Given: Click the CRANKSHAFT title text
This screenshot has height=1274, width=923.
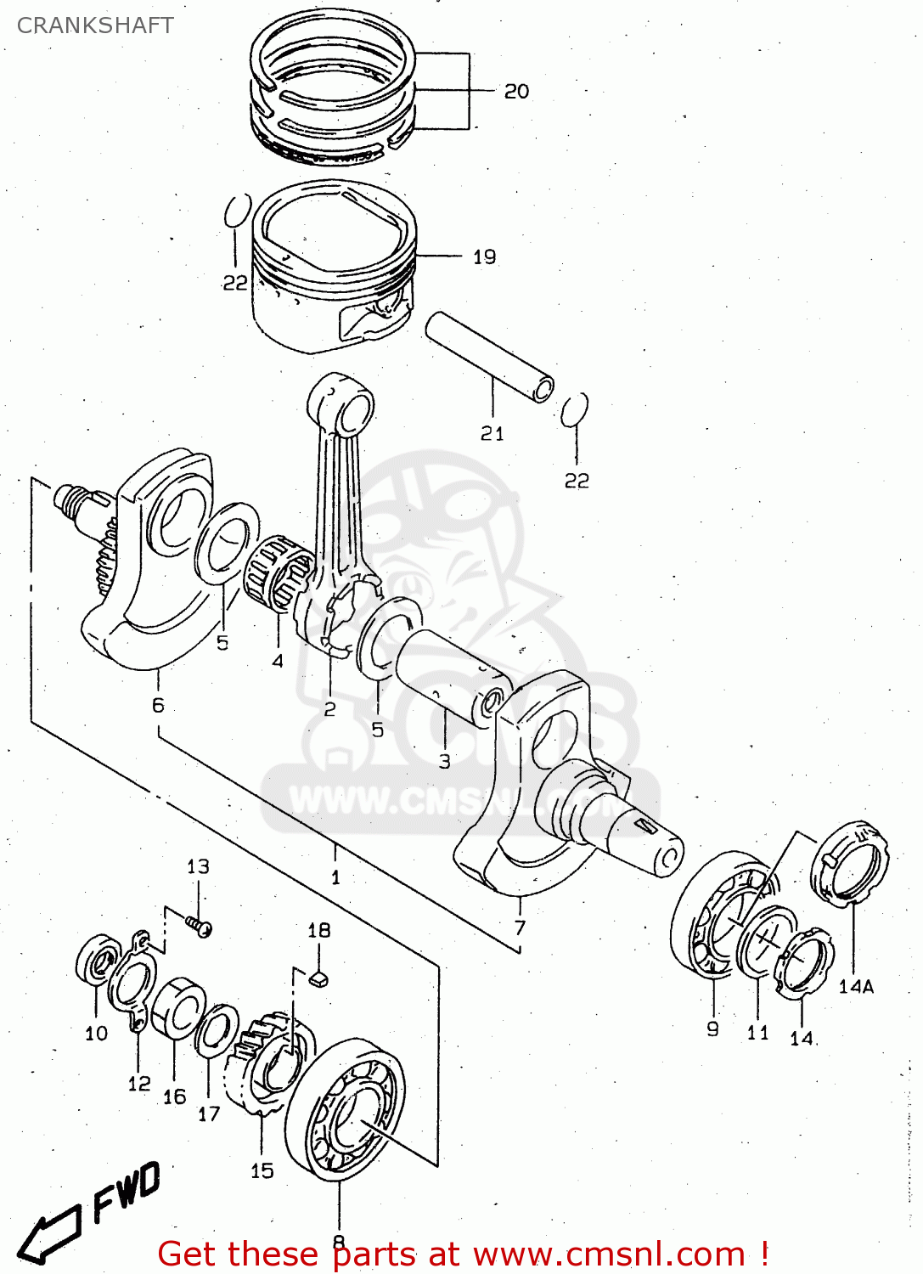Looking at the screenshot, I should point(95,25).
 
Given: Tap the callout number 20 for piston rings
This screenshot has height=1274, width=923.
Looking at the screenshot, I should point(516,91).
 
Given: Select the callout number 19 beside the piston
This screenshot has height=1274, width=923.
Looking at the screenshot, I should point(484,256).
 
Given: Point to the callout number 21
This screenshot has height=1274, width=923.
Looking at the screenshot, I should point(492,433).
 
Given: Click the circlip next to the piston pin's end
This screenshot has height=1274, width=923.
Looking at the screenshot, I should point(575,409).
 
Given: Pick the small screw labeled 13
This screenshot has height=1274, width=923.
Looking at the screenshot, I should point(199,926).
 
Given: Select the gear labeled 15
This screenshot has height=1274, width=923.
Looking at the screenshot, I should point(270,1062).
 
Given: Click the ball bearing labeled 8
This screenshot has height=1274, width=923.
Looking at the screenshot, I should point(345,1108).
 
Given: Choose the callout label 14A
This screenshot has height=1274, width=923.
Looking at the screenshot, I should point(856,986).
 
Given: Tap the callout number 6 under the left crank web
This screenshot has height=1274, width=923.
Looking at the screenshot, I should point(158,705).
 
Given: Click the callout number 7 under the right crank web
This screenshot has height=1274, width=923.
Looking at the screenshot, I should point(520,927).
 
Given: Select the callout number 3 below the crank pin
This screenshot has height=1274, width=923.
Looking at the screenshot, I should point(444,762).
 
